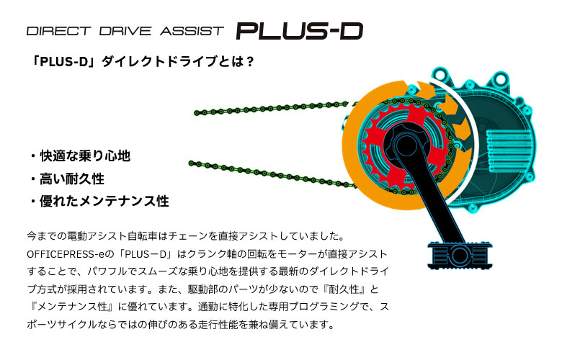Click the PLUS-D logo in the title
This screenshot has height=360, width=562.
299,31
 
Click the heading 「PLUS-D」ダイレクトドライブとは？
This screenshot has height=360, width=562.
139,62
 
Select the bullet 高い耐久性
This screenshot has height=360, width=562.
71,179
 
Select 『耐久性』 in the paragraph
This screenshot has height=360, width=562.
349,289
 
